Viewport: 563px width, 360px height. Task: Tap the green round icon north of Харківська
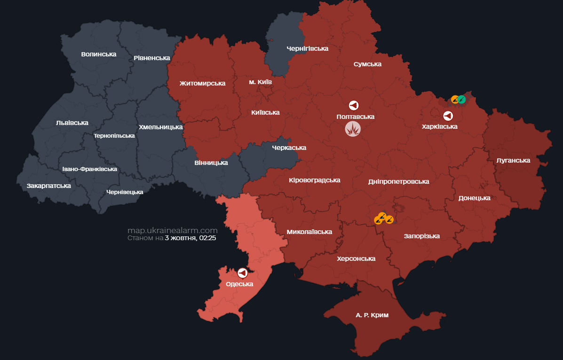pyautogui.click(x=462, y=99)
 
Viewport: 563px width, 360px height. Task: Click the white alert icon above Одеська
pyautogui.click(x=242, y=273)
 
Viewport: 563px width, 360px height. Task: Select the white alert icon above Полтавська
pyautogui.click(x=354, y=106)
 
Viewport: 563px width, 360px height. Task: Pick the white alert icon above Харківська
pyautogui.click(x=448, y=116)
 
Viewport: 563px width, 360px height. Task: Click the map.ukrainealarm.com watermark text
pyautogui.click(x=172, y=230)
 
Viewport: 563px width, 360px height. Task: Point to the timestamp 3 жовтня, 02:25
pyautogui.click(x=190, y=238)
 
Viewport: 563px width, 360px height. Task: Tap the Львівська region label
pyautogui.click(x=72, y=123)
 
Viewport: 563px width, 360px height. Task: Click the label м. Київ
pyautogui.click(x=260, y=82)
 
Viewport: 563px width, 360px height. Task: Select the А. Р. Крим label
pyautogui.click(x=372, y=315)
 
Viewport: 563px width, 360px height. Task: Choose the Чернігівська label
pyautogui.click(x=307, y=48)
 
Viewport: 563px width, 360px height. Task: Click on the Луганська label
pyautogui.click(x=513, y=160)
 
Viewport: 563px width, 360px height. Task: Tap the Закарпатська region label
pyautogui.click(x=49, y=186)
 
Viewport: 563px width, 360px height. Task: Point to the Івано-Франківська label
pyautogui.click(x=89, y=169)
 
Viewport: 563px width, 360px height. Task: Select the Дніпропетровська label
pyautogui.click(x=398, y=181)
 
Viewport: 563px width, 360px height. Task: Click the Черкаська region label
pyautogui.click(x=289, y=148)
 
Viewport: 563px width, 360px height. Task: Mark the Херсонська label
pyautogui.click(x=356, y=258)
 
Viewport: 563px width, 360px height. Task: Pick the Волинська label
pyautogui.click(x=98, y=54)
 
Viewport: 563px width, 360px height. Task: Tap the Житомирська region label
pyautogui.click(x=202, y=83)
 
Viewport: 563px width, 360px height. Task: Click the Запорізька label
pyautogui.click(x=421, y=236)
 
